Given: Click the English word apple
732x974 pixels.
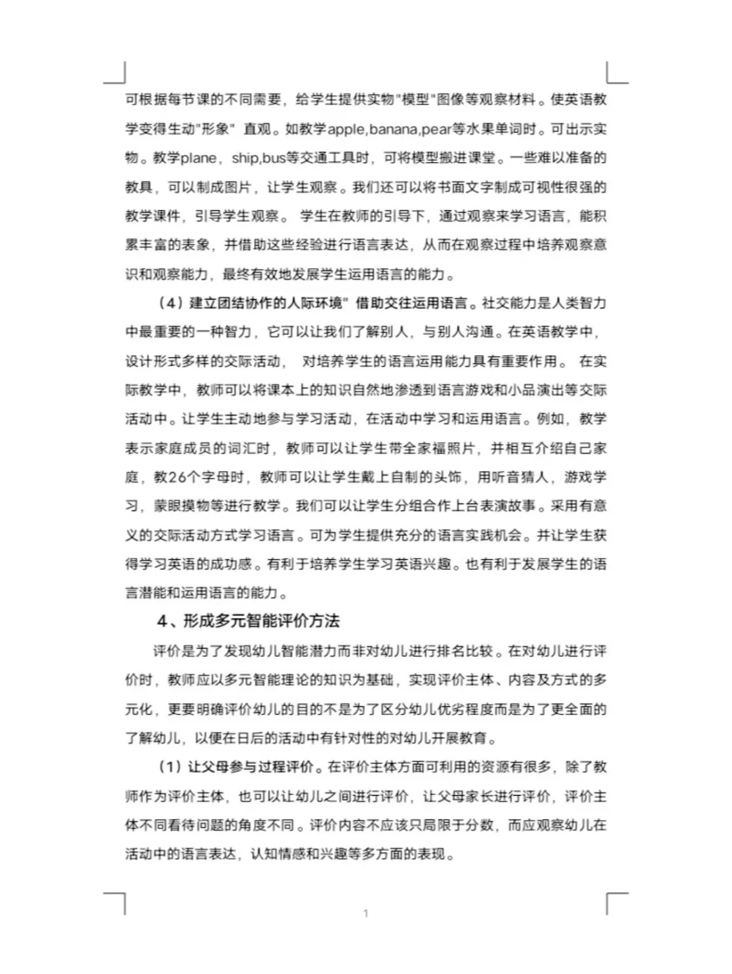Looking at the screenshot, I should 346,129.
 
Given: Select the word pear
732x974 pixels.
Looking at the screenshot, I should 436,129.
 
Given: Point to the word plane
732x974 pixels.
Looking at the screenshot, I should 198,158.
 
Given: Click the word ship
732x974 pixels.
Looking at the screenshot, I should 245,158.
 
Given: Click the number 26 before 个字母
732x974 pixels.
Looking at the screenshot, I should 177,477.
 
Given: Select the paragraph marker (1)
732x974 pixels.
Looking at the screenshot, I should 169,767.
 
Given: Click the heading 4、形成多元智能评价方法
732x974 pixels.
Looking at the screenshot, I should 248,621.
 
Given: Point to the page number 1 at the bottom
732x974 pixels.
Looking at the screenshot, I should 366,913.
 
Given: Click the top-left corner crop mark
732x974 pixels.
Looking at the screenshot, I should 117,74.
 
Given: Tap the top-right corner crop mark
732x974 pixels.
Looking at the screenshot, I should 615,74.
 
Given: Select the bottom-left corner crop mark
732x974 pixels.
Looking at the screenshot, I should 117,902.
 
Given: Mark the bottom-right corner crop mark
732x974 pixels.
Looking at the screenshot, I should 615,902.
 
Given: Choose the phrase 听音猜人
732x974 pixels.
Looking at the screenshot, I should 520,477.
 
